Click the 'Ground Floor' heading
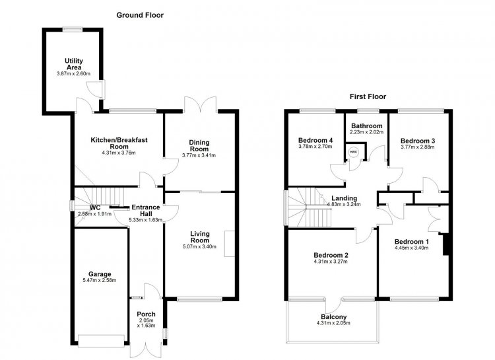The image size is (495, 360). pos(140,15)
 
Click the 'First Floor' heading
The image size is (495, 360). pos(368,96)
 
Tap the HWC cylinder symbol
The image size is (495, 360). pos(354,152)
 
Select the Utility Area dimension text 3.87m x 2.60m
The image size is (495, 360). pos(73,74)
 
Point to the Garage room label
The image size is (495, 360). pos(100,274)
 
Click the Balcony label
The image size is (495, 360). pos(334,316)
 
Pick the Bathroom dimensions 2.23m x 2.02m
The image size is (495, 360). pos(366,132)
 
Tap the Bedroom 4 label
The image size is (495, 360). pos(315,140)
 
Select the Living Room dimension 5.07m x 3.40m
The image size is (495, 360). pos(199,246)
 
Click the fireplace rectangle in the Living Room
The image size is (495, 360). pos(230,244)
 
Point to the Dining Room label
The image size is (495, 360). pos(199,145)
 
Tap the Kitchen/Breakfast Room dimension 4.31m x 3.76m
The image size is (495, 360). pos(119,153)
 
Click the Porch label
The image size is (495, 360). pos(146,314)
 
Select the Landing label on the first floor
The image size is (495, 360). pos(344,198)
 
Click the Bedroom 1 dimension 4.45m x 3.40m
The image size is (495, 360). pos(412,248)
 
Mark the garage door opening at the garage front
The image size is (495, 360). pos(101,341)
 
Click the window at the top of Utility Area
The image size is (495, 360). pos(73,29)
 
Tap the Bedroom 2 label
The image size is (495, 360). pos(331,255)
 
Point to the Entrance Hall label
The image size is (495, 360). pos(146,211)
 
